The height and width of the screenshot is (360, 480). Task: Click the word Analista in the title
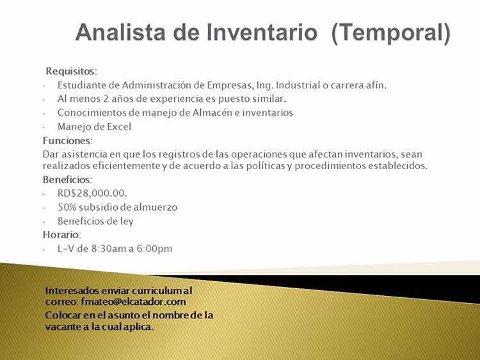point(120,32)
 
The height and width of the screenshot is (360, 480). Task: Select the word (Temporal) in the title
point(391,33)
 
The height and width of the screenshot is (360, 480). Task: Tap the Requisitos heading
point(71,71)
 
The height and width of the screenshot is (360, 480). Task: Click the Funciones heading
point(67,141)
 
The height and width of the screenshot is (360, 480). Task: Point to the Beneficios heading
point(67,179)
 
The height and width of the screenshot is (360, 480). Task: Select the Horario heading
point(61,234)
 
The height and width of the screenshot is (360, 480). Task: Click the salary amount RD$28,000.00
point(92,193)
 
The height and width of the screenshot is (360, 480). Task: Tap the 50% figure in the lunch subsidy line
point(67,207)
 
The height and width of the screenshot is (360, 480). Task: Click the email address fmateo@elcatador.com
point(134,302)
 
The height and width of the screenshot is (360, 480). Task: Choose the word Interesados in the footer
point(72,290)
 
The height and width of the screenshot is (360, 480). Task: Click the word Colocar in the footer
point(63,315)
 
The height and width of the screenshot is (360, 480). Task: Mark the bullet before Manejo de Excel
point(44,127)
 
